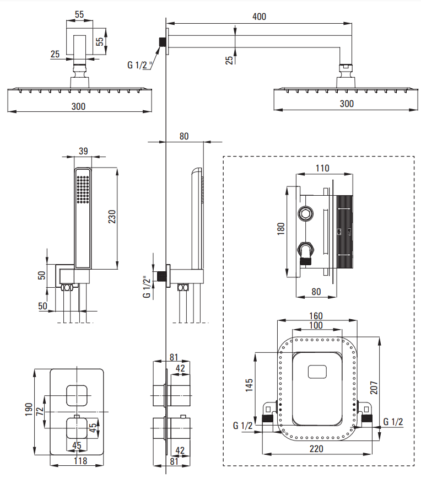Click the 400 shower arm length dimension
click(259, 17)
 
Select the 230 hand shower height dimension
click(112, 217)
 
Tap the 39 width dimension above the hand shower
click(83, 151)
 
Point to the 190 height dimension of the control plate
click(29, 410)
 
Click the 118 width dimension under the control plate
click(80, 460)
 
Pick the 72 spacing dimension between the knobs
click(40, 411)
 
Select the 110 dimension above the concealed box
click(322, 168)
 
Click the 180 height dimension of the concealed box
click(281, 229)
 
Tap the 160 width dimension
click(316, 316)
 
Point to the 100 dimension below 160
click(316, 325)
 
